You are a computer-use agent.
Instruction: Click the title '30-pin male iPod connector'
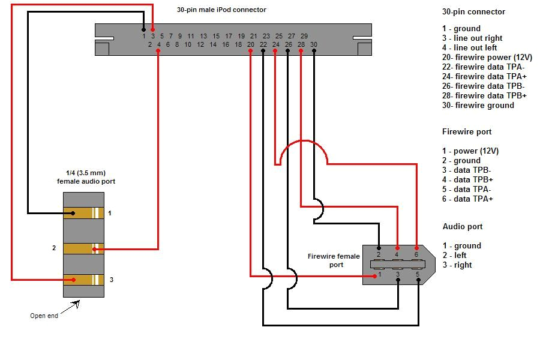(221, 10)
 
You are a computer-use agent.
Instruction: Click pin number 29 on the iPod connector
(304, 36)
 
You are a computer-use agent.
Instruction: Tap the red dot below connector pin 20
(250, 52)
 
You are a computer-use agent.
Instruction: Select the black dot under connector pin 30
(314, 52)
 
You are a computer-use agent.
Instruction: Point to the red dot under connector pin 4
(158, 52)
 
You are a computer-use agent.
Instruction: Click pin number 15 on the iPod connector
(216, 36)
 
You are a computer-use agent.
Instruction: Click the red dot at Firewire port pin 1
(373, 276)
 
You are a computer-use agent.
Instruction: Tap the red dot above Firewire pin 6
(416, 247)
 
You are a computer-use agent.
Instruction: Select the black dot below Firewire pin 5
(418, 283)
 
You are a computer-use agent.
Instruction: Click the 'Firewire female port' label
(334, 260)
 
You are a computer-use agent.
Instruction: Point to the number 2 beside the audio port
(54, 248)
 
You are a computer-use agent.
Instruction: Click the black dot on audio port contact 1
(73, 213)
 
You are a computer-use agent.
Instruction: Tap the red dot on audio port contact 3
(73, 280)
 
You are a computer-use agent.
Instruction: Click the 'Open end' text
(44, 316)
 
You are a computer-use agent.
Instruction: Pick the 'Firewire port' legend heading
(467, 132)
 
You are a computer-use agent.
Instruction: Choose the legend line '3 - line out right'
(472, 38)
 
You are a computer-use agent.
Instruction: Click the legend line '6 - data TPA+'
(467, 199)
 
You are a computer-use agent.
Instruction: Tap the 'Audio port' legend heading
(463, 227)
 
